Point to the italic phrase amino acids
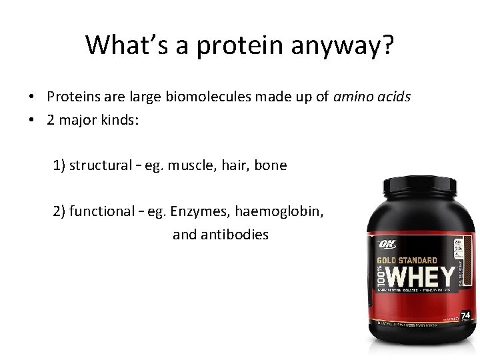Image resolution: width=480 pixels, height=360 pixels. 373,97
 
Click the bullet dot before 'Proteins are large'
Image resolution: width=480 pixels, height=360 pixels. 32,97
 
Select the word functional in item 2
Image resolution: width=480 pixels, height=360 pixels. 106,212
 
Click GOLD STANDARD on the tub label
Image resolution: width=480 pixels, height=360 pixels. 417,260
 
